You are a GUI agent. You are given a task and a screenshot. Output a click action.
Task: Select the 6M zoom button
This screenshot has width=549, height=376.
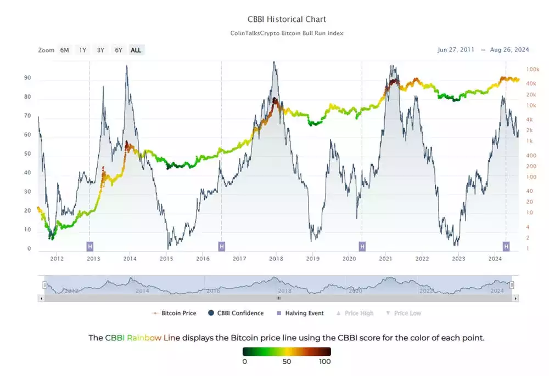pos(65,50)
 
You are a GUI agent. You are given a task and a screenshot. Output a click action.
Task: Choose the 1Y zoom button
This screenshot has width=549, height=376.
pos(82,50)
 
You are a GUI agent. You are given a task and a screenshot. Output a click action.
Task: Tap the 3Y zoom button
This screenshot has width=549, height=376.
pos(100,50)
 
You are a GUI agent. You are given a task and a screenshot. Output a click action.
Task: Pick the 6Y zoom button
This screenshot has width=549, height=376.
pos(118,50)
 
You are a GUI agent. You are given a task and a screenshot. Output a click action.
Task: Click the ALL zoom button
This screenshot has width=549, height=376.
pos(136,50)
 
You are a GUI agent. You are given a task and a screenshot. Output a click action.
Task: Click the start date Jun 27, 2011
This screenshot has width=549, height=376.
pos(456,49)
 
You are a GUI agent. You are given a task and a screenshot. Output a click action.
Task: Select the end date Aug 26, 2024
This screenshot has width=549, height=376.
pos(509,49)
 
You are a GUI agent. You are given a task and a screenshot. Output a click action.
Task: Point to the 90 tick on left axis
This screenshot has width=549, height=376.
pos(27,78)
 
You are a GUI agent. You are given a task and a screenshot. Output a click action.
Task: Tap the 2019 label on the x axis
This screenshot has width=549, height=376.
pos(312,259)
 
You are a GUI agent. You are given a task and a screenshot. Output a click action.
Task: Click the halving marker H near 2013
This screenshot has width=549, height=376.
pos(90,246)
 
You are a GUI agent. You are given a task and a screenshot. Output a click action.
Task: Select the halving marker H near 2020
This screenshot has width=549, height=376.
pos(362,246)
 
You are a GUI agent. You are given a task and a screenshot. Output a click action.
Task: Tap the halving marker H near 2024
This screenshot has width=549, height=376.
pos(507,246)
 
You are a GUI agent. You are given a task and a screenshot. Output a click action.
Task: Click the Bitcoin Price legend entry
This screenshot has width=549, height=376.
pos(176,313)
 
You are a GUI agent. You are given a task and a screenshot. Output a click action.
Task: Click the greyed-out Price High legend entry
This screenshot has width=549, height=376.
pos(358,313)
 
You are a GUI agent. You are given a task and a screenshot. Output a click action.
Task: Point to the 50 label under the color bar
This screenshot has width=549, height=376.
pos(286,361)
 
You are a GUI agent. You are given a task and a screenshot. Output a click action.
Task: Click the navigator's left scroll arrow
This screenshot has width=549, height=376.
pos(41,299)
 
